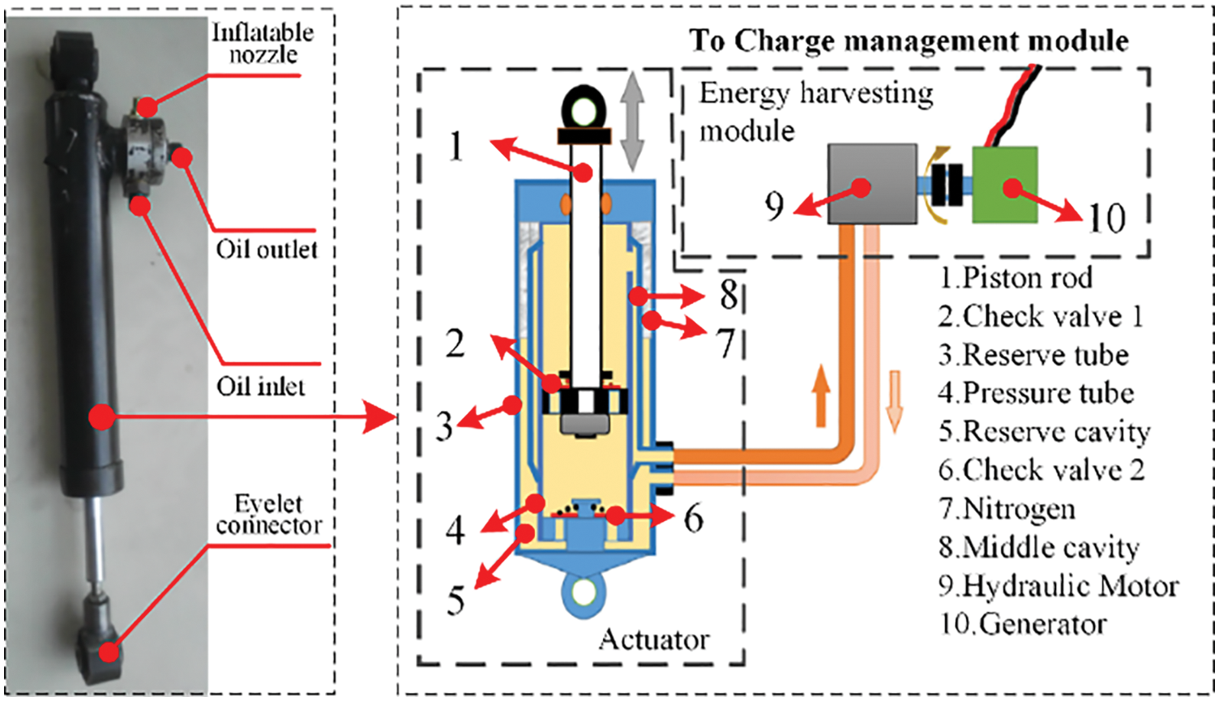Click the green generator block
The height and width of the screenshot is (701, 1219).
(x=1005, y=185)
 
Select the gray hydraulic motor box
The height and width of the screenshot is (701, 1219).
(x=871, y=184)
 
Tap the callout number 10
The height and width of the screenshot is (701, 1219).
(x=1106, y=217)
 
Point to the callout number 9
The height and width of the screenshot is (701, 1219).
(x=775, y=207)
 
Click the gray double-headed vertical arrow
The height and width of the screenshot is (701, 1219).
(x=632, y=125)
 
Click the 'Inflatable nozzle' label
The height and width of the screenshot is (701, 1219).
(x=263, y=44)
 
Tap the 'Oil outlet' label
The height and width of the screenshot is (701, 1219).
(x=267, y=249)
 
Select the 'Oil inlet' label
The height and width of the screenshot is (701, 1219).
(x=261, y=386)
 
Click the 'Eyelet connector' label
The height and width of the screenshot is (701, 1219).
(x=268, y=515)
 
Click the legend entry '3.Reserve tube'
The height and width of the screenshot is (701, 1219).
(x=1033, y=355)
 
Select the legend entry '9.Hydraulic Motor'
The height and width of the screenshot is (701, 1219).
(x=1059, y=585)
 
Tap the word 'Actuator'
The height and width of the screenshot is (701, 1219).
(x=653, y=640)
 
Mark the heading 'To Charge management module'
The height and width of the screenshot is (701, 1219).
(x=909, y=40)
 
